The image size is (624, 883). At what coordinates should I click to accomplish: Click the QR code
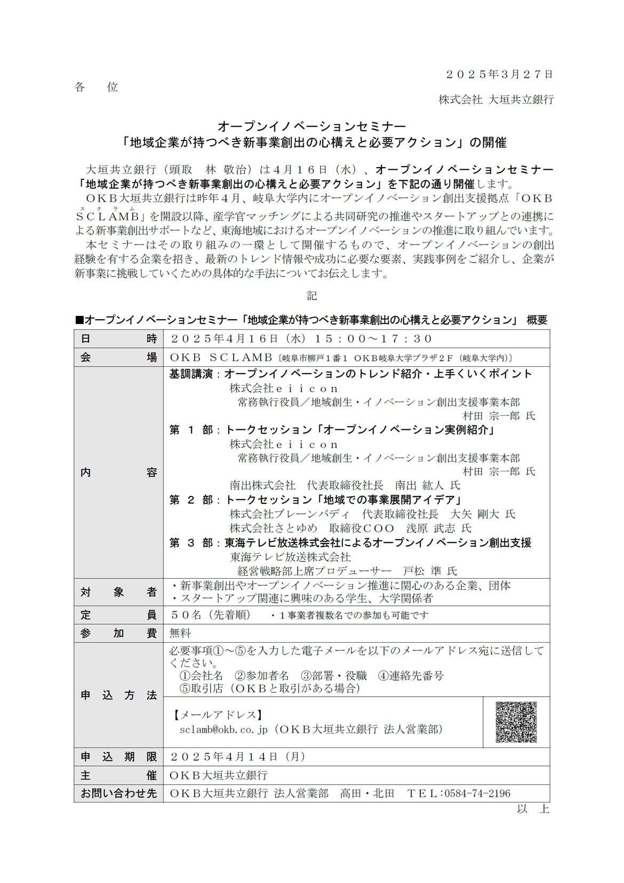click(516, 721)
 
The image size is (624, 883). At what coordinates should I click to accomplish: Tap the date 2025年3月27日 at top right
click(499, 75)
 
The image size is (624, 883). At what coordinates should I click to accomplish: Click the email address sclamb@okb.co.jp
click(223, 729)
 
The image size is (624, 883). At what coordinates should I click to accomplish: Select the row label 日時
click(118, 339)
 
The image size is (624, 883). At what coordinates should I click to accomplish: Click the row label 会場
click(118, 357)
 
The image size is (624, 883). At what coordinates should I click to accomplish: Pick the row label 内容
click(118, 472)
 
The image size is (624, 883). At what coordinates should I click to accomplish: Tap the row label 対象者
click(118, 592)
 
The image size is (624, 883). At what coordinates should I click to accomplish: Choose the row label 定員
click(118, 615)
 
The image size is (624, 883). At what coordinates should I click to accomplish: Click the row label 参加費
click(118, 633)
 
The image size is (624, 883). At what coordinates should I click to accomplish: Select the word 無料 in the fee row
click(180, 633)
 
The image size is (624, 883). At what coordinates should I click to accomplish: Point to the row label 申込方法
click(118, 695)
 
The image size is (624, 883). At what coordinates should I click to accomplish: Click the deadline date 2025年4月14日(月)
click(237, 757)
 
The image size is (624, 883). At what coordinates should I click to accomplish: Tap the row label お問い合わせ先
click(118, 793)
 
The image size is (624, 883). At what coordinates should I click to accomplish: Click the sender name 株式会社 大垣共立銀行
click(496, 99)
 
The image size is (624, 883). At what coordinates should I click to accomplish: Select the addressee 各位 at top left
click(97, 87)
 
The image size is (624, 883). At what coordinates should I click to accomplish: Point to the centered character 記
click(312, 295)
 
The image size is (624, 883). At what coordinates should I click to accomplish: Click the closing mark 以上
click(533, 809)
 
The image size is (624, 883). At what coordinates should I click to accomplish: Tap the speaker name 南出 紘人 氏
click(427, 485)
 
